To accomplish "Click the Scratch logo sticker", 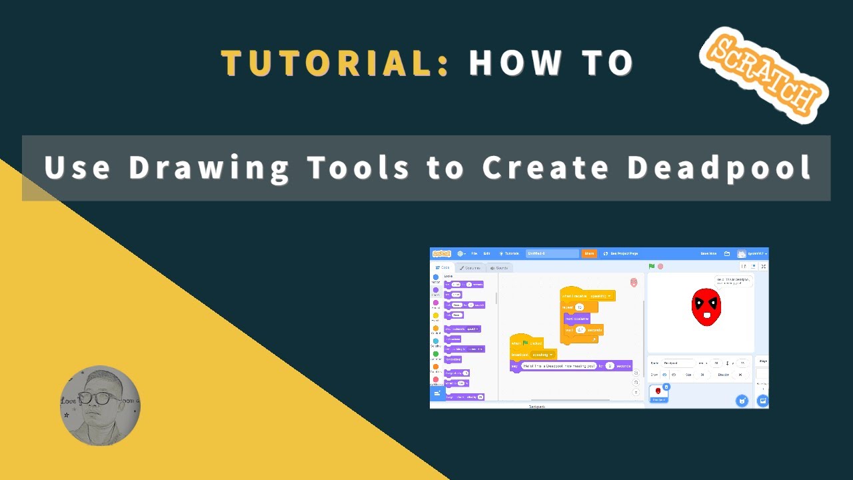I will [x=764, y=74].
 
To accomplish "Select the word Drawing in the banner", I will [x=209, y=167].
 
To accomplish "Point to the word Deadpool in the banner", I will [x=720, y=167].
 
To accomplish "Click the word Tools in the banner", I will [x=359, y=167].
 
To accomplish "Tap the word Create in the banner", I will [x=545, y=167].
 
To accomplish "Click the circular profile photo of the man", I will [x=100, y=405].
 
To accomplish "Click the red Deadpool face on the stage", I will [x=706, y=307].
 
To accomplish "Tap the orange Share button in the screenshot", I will [x=589, y=253].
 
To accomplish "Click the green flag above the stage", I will [x=652, y=267].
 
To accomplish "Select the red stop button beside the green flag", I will [x=660, y=267].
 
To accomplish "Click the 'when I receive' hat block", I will [x=586, y=295].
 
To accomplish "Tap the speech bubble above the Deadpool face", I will [x=733, y=281].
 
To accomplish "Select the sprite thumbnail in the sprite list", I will [x=658, y=393].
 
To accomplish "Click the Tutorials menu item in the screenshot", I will [x=509, y=253].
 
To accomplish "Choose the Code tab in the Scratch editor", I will [x=442, y=268].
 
